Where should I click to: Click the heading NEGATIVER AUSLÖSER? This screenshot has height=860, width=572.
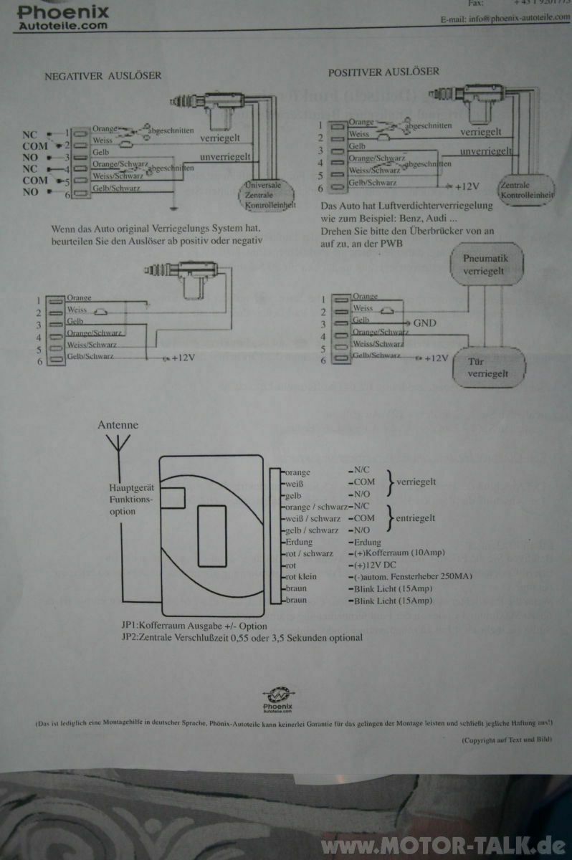[103, 75]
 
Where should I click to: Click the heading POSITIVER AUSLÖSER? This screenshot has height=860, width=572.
[383, 72]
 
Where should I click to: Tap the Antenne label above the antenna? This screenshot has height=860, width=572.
[118, 425]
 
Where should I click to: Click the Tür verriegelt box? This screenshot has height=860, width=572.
[487, 368]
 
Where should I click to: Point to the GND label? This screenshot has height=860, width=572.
[424, 322]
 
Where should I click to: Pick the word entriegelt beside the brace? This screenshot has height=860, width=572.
[415, 517]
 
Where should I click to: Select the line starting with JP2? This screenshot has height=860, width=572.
[242, 637]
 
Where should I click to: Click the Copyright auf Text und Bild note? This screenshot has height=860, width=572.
[506, 740]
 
